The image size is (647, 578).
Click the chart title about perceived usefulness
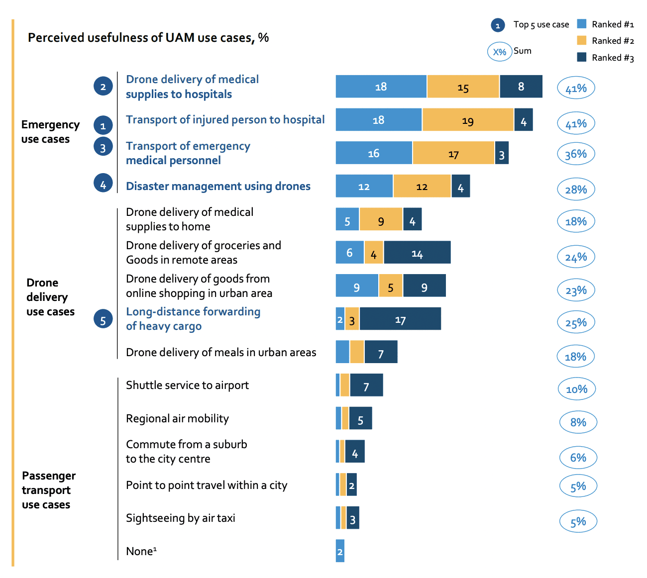point(148,38)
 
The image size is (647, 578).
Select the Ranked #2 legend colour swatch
point(581,40)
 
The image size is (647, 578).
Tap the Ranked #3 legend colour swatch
point(581,57)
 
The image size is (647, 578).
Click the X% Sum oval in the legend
point(499,52)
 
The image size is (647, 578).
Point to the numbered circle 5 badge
point(103,320)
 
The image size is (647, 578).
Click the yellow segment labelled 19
point(467,120)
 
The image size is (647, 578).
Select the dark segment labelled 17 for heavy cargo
point(400,319)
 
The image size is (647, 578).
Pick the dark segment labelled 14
point(417,253)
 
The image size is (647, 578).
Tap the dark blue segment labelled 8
point(521,87)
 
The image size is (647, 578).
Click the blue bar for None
point(340,551)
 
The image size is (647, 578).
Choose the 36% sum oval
point(576,154)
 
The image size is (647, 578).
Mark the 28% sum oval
point(576,190)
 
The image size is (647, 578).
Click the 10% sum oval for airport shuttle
point(576,389)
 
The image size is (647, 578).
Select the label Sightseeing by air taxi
point(180,518)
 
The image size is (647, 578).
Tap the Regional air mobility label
point(177,418)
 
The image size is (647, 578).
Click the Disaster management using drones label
point(218,186)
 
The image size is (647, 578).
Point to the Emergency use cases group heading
point(50,132)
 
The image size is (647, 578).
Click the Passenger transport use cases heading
point(48,490)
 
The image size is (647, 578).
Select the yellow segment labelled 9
point(381,219)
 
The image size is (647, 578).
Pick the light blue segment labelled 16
point(374,153)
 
